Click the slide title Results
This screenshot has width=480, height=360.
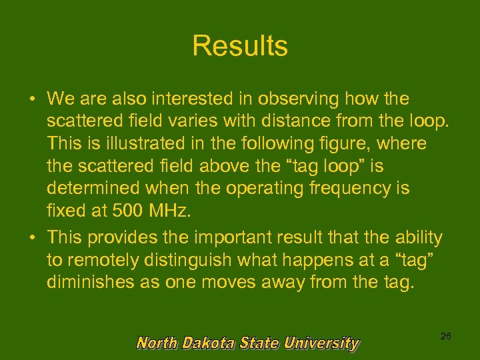(240, 46)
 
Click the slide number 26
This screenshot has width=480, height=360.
(446, 337)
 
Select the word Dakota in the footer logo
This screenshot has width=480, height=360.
(208, 343)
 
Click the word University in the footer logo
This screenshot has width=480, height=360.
(321, 343)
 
